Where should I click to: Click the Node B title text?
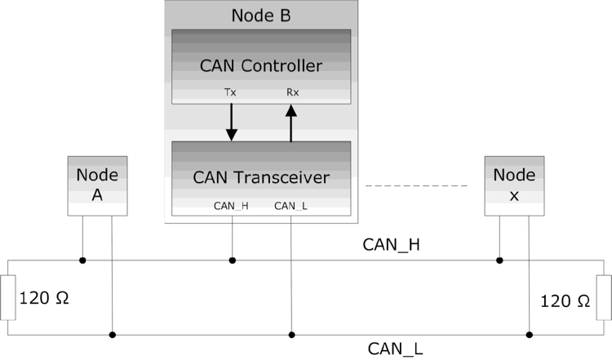coord(260,15)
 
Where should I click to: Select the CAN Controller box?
coord(260,65)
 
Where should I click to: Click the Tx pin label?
coord(232,92)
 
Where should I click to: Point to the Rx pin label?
coord(291,92)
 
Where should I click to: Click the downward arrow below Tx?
coord(232,122)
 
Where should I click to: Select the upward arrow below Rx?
coord(291,122)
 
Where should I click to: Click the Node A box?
coord(97,186)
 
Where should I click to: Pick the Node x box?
coord(514,186)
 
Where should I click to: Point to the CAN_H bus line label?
coord(392,244)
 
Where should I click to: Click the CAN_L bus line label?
coord(395,349)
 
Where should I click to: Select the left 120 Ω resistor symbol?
coord(8,298)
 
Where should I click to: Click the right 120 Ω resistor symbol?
coord(604,298)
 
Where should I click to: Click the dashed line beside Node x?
coord(415,186)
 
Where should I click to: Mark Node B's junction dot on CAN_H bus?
coord(233,260)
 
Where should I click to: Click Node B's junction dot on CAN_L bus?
coord(291,334)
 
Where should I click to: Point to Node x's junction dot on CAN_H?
coord(499,260)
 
